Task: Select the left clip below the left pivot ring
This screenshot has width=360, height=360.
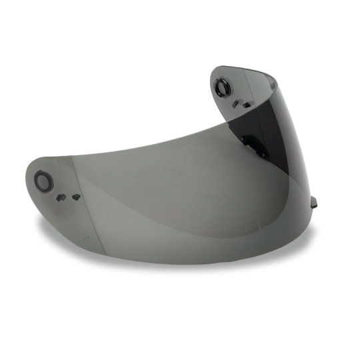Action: pos(60,197)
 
